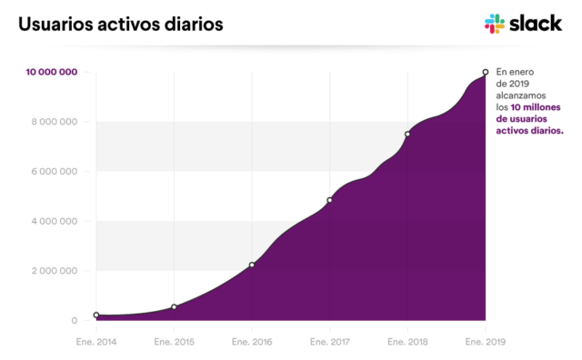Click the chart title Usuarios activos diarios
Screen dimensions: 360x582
click(119, 25)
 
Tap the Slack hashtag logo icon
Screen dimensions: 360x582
click(495, 25)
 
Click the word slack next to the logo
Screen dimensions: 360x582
click(537, 24)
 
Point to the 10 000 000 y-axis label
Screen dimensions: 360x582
click(51, 72)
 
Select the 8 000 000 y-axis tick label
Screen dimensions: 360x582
click(55, 122)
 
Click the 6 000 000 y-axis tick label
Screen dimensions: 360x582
click(55, 172)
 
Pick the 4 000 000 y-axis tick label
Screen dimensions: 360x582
click(55, 221)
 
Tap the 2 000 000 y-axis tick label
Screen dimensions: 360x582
click(55, 271)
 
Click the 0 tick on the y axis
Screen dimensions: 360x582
click(75, 320)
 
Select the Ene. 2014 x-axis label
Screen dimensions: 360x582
click(96, 342)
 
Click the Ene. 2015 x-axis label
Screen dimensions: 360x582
click(174, 342)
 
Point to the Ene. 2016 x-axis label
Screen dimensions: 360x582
click(252, 342)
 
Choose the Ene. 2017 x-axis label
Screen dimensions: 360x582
click(329, 342)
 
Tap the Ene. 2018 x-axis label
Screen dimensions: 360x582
click(407, 342)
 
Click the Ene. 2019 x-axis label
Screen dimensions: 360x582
click(485, 342)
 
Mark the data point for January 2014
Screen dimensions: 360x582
click(96, 315)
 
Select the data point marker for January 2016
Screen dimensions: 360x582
click(252, 265)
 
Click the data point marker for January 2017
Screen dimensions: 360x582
click(329, 200)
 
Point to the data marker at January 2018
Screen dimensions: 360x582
click(407, 135)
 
